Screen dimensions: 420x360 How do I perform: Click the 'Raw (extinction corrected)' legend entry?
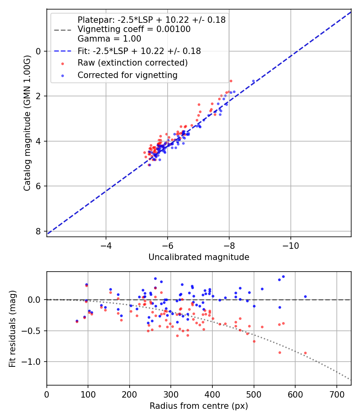point(132,63)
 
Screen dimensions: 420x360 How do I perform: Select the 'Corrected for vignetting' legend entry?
point(128,75)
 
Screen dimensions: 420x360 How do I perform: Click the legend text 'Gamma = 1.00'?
point(109,39)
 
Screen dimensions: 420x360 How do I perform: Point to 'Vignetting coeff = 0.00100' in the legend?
point(134,29)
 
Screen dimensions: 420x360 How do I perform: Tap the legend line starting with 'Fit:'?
point(139,51)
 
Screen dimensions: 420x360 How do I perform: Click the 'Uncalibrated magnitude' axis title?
point(199,257)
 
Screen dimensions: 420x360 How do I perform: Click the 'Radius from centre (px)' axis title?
point(199,406)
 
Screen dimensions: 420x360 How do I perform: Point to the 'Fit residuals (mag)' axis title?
point(12,328)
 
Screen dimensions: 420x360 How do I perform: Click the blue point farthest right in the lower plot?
point(305,296)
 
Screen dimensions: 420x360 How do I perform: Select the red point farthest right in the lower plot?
point(305,353)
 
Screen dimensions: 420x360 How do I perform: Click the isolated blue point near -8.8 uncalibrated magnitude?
point(253,81)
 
